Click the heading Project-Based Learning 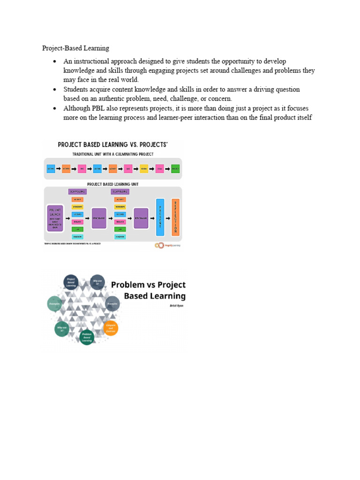(75, 48)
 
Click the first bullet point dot (55, 61)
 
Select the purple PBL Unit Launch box (54, 218)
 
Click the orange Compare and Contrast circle (111, 328)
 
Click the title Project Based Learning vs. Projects (112, 145)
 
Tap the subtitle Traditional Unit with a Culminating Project (112, 154)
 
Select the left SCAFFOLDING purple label (77, 192)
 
